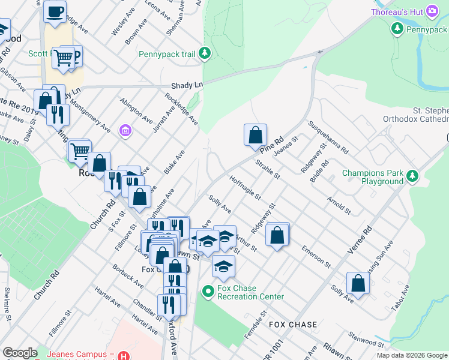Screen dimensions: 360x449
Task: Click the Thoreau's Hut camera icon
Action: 431,12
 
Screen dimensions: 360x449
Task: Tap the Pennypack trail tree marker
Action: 205,54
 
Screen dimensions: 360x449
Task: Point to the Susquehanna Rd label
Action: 328,136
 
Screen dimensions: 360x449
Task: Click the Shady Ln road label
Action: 186,86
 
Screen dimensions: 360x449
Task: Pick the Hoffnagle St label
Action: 245,187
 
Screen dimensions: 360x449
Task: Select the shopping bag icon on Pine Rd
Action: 255,135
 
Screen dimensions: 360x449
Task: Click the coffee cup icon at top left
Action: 55,11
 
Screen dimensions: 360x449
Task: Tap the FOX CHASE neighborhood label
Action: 293,325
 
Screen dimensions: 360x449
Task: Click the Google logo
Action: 20,353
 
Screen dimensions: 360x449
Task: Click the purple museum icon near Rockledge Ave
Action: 125,130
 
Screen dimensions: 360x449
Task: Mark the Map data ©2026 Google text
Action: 411,355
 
